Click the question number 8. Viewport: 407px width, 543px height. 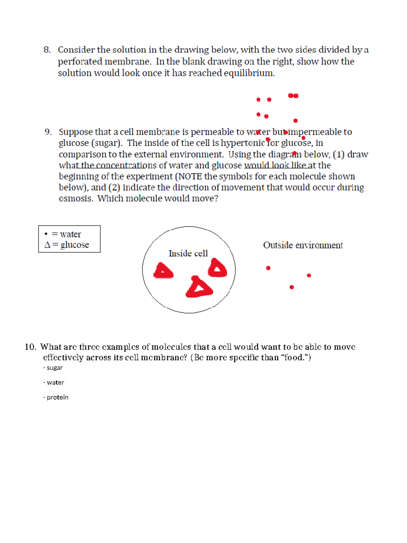coord(47,50)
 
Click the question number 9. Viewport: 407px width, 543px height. coord(48,132)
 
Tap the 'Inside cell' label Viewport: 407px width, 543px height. coord(188,253)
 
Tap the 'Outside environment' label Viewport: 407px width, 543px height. coord(303,245)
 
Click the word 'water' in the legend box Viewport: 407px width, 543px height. coord(71,234)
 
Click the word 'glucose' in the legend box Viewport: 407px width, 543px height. coord(75,245)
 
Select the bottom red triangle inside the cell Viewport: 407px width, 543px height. coord(199,288)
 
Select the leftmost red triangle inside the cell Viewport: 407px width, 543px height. coord(163,271)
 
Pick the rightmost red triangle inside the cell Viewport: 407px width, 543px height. coord(217,268)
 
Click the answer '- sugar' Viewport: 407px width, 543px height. coord(53,368)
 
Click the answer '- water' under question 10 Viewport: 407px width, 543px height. coord(54,382)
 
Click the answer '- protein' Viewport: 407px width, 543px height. coord(56,397)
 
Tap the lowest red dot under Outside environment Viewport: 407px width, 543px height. coord(292,287)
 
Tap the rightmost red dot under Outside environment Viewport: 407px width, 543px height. coord(309,276)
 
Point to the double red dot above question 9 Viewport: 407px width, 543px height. coord(293,96)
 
